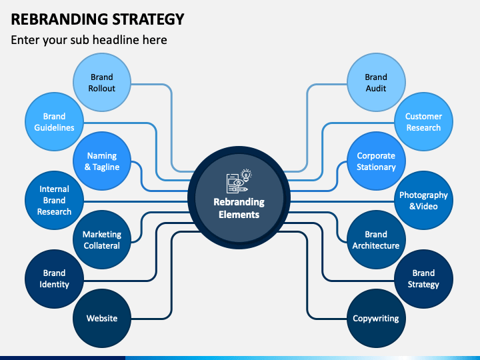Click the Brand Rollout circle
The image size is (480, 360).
102,83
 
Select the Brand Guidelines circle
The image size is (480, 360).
54,122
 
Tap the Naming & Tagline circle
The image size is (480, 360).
102,161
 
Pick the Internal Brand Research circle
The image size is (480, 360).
54,200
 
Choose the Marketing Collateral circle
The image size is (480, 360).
102,239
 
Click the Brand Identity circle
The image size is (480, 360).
54,279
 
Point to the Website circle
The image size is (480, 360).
102,318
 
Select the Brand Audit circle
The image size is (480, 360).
376,83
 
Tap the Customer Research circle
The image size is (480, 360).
423,122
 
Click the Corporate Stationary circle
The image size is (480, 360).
376,161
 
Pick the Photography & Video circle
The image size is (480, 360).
423,200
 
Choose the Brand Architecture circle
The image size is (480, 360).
376,239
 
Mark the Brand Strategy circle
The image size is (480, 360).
423,279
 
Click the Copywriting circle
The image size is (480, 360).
376,318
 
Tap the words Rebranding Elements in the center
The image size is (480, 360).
239,208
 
